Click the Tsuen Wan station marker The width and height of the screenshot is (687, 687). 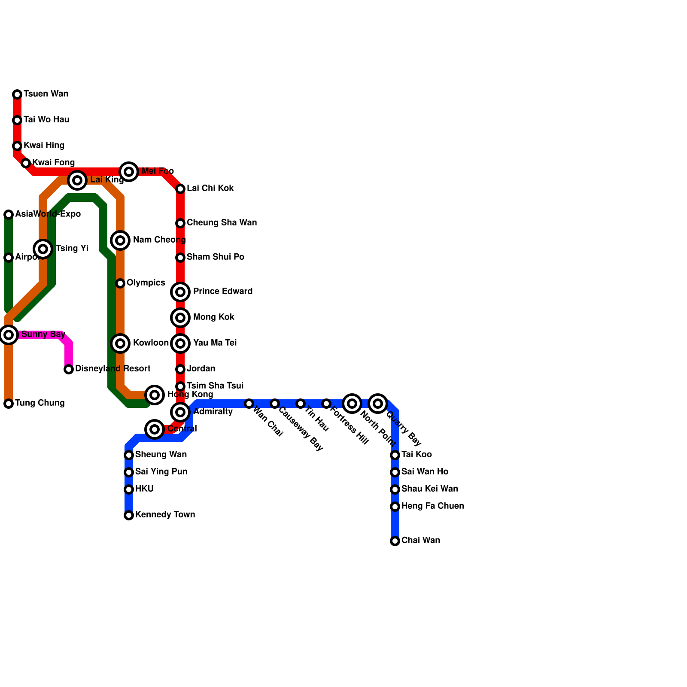[x=17, y=94]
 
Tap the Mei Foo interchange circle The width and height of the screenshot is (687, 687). [x=129, y=172]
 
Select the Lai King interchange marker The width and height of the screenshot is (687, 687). [x=77, y=180]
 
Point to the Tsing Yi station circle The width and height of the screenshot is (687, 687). [x=43, y=249]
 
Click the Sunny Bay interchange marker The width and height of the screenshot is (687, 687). [x=9, y=335]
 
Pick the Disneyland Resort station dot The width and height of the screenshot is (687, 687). [x=69, y=369]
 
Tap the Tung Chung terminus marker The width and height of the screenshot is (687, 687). [x=9, y=404]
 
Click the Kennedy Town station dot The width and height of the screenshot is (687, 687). [x=129, y=515]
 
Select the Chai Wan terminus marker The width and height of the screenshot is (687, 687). [x=395, y=541]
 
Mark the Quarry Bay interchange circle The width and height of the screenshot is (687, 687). [x=378, y=404]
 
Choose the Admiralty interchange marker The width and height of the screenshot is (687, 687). [x=180, y=412]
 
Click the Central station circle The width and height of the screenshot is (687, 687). [x=155, y=429]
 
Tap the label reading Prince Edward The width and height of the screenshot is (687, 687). [x=223, y=292]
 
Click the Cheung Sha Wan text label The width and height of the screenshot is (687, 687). [x=222, y=223]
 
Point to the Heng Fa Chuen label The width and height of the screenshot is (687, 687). [x=432, y=506]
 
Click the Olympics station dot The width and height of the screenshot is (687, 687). [x=120, y=283]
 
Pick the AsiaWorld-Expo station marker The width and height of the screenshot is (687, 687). [x=9, y=215]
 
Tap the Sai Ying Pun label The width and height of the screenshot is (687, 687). [x=161, y=472]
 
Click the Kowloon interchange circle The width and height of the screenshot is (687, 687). [x=120, y=343]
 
